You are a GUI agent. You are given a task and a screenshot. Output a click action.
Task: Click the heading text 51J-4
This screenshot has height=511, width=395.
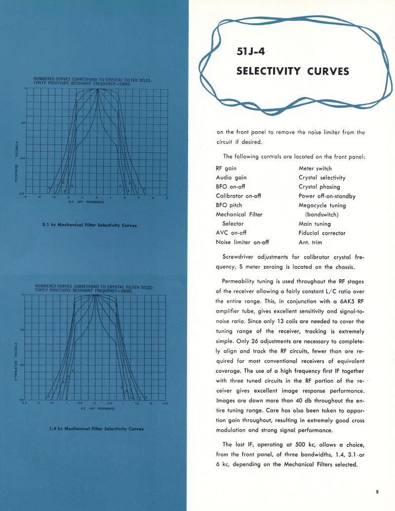[x=252, y=51]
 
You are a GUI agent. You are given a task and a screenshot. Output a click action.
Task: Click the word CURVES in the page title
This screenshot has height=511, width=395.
[x=324, y=72]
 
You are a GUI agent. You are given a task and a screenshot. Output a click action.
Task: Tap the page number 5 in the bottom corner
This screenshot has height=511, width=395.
[x=377, y=491]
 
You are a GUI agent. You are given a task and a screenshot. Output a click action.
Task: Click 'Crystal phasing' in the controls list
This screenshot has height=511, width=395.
[x=319, y=186]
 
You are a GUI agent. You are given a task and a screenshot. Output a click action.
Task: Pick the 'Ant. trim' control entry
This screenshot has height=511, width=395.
[x=310, y=242]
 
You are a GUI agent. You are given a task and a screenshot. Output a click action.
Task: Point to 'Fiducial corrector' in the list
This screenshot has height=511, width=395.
[x=322, y=233]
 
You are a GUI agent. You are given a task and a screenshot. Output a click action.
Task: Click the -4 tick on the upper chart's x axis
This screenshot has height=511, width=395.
[x=39, y=197]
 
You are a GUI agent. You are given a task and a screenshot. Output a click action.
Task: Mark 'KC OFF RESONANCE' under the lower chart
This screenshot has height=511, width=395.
[x=97, y=408]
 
